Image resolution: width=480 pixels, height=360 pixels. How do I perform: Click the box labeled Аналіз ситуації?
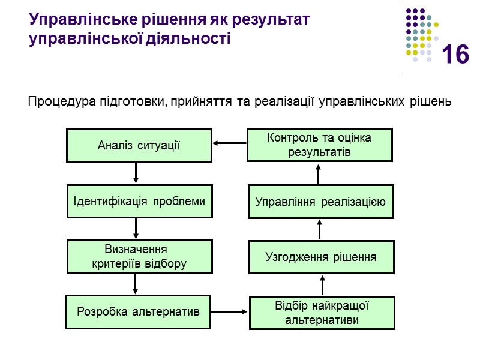[x=139, y=145]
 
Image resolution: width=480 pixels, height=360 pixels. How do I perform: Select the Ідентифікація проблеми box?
[x=139, y=202]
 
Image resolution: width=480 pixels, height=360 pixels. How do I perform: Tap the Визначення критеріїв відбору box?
[x=139, y=257]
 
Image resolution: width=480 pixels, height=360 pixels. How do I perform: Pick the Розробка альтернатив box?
[x=138, y=312]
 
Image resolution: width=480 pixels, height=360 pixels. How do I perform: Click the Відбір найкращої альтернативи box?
[x=322, y=313]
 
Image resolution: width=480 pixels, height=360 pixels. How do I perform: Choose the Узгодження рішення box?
[x=321, y=257]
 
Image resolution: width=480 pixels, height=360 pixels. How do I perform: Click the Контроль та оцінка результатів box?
[x=319, y=145]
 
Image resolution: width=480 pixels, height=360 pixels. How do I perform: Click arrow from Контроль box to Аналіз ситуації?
[x=229, y=143]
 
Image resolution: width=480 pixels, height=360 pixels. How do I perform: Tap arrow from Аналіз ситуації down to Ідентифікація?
[x=136, y=173]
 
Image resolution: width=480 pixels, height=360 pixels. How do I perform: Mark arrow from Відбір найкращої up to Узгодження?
[x=322, y=285]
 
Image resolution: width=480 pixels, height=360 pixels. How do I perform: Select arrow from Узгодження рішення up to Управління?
[x=320, y=230]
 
